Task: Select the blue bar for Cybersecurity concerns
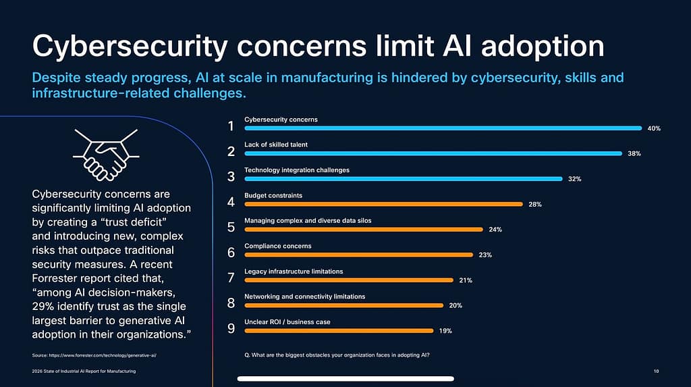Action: coord(443,128)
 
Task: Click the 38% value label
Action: coord(634,153)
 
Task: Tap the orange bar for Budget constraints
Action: coord(383,204)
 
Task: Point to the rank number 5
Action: coord(231,227)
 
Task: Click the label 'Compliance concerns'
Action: coord(277,246)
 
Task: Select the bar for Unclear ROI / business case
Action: coord(339,330)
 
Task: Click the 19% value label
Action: coord(445,331)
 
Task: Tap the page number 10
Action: coord(657,371)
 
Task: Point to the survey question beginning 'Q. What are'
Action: coord(336,355)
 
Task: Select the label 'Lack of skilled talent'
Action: coord(276,145)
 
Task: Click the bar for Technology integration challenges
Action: coord(403,178)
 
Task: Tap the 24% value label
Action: coord(495,230)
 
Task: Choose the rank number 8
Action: coord(231,303)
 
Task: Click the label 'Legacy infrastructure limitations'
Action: coord(294,272)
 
